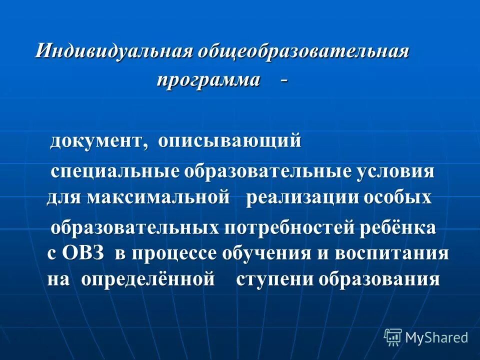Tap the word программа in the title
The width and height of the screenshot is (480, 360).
(x=209, y=80)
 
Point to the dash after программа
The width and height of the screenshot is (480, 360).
(x=284, y=79)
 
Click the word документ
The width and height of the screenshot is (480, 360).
(x=98, y=142)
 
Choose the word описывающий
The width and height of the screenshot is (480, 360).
(x=230, y=142)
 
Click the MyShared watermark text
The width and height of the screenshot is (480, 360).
(x=436, y=337)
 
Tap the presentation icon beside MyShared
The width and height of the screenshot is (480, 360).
(x=393, y=337)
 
